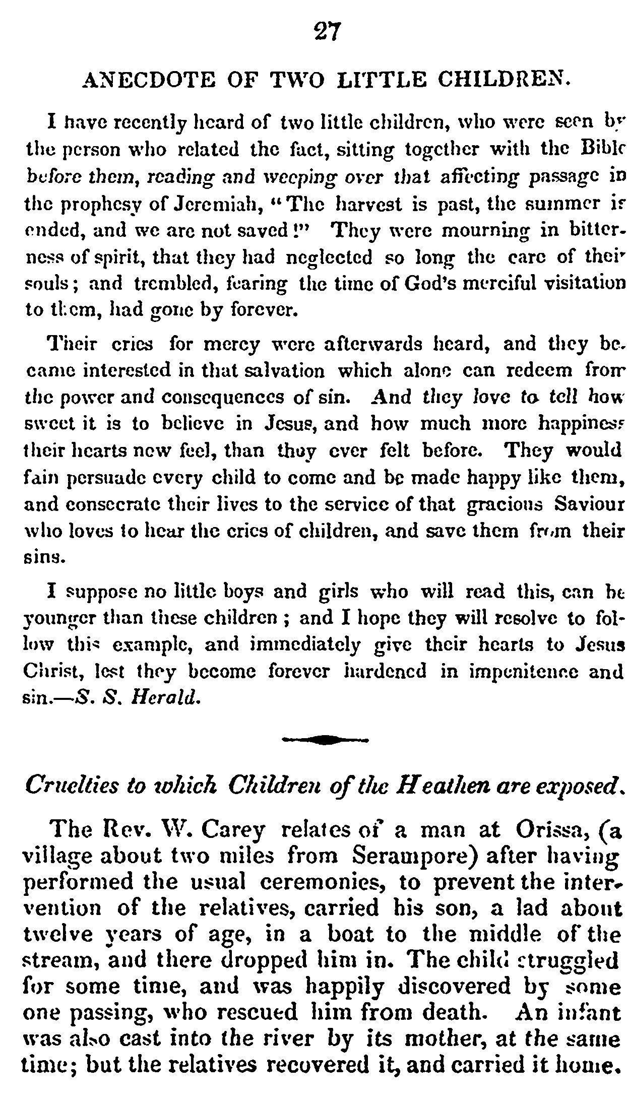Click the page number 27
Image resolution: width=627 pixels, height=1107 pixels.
[x=328, y=33]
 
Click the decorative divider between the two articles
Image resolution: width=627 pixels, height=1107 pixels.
[x=326, y=739]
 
